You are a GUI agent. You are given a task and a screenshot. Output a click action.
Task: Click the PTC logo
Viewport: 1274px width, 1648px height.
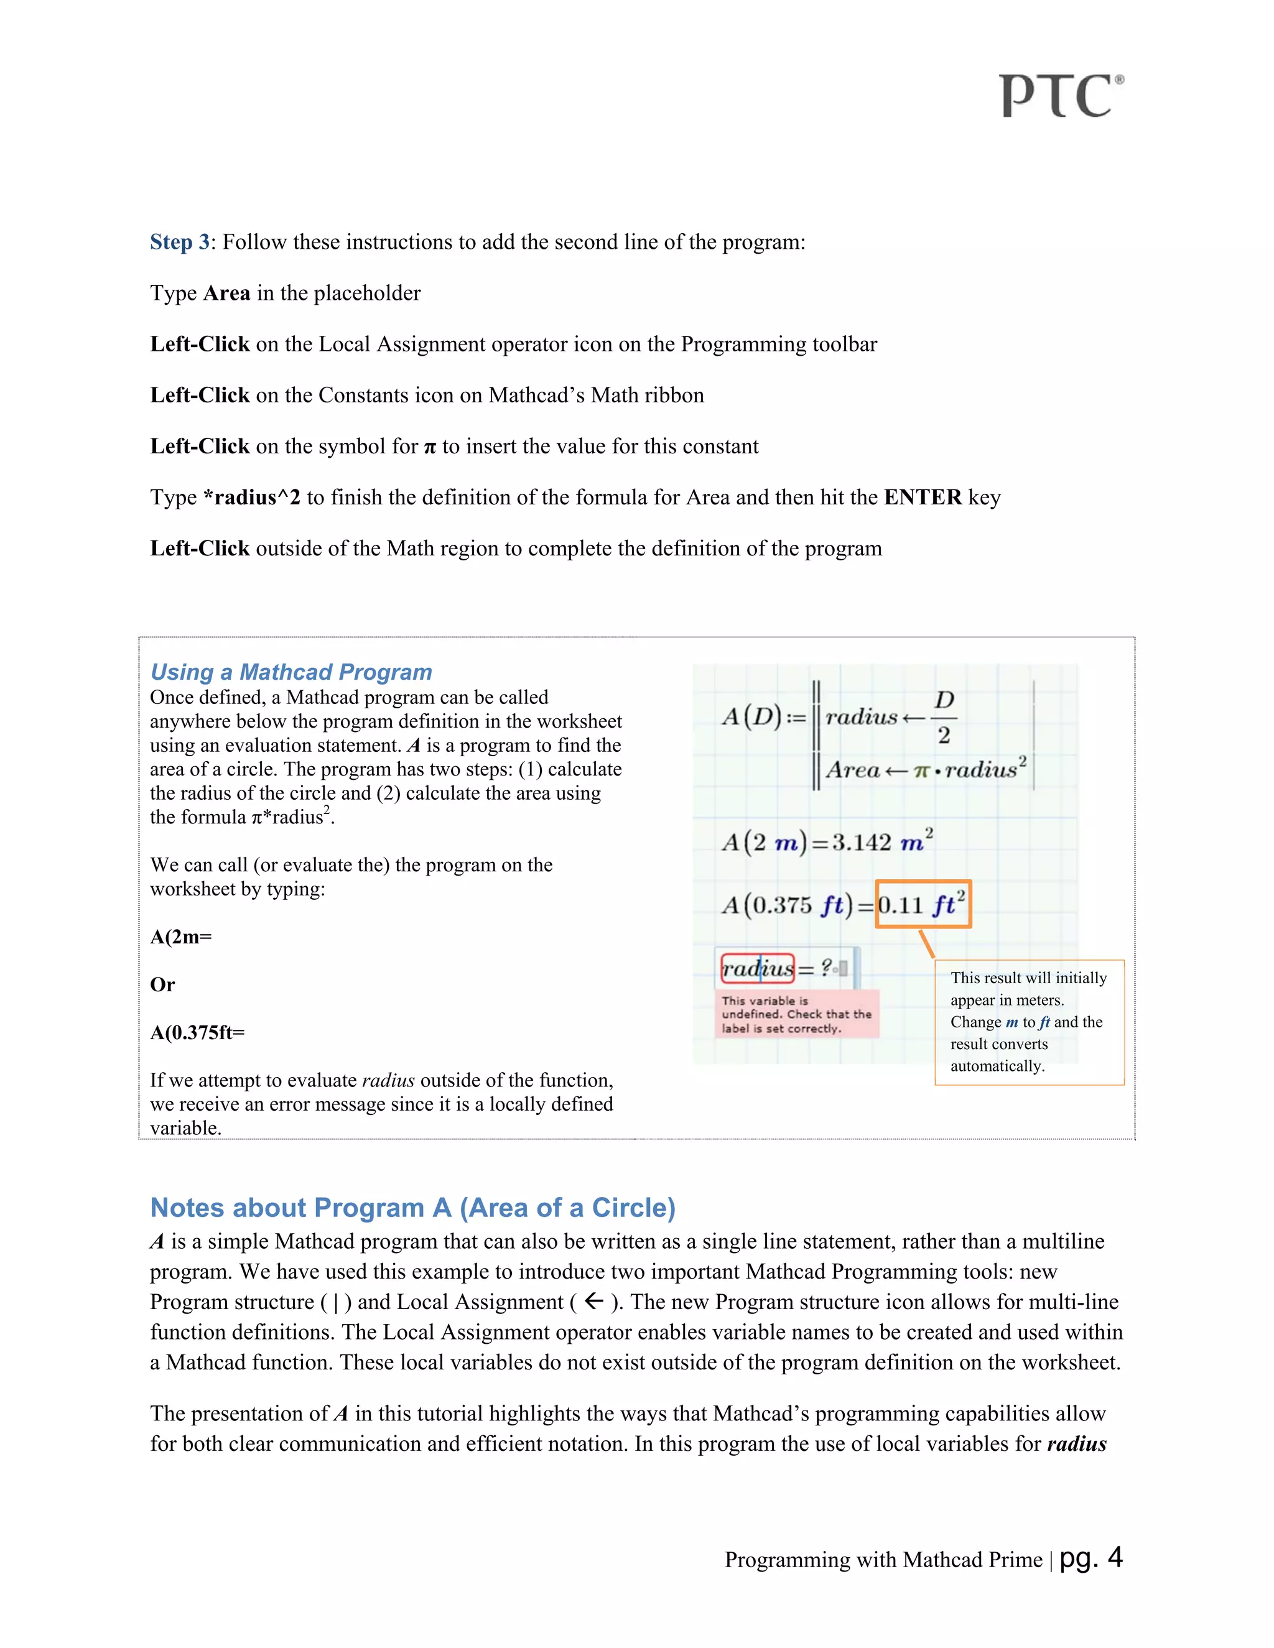(1061, 96)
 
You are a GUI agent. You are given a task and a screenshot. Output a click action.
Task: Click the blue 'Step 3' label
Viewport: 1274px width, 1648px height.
(180, 242)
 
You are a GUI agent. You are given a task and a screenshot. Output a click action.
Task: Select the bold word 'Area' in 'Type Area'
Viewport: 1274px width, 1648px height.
(226, 294)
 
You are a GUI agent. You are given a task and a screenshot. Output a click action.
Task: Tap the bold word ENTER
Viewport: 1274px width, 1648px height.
(923, 498)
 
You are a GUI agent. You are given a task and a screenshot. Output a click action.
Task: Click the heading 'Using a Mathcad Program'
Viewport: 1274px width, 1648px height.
(291, 672)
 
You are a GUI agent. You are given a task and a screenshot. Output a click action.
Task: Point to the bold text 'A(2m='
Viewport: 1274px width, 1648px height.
(181, 937)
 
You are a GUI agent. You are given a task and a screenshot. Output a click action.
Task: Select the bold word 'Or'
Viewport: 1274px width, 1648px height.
(162, 984)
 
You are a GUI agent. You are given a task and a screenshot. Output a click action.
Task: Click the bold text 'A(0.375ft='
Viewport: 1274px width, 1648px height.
(198, 1033)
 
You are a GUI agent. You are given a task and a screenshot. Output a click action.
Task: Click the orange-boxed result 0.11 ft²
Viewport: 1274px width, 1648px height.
(923, 904)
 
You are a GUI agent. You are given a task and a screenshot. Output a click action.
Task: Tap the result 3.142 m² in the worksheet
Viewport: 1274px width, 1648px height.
(882, 842)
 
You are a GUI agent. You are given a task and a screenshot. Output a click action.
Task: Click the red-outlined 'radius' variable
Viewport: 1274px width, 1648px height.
(757, 968)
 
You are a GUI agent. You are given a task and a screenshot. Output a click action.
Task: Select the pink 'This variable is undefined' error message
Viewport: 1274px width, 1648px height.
(796, 1014)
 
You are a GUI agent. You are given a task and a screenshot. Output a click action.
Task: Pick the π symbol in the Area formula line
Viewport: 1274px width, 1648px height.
(921, 771)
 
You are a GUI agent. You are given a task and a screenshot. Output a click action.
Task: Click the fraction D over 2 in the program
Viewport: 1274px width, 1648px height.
(944, 718)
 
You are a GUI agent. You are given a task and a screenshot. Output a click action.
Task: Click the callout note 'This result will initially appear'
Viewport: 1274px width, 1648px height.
(1029, 1022)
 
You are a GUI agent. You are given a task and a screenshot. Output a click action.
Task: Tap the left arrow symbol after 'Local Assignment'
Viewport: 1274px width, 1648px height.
(594, 1301)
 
